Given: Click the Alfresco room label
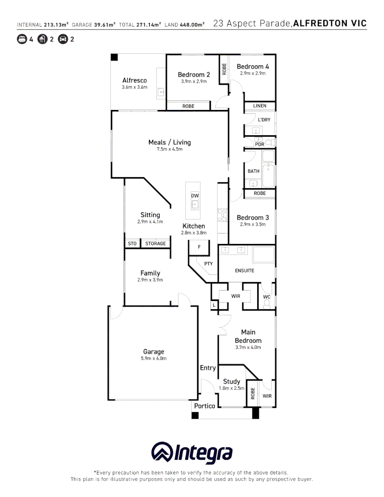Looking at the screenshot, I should click(134, 81).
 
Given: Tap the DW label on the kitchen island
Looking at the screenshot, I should click(195, 196).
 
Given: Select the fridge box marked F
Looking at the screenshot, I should click(199, 247).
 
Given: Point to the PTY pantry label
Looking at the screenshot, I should click(208, 264).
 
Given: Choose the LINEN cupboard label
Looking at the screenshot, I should click(259, 106).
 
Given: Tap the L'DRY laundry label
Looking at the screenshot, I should click(264, 120).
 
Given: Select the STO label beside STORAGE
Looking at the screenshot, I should click(132, 243).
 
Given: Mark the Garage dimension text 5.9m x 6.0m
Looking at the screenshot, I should click(154, 358).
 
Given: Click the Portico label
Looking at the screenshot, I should click(204, 406).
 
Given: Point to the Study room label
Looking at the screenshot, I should click(231, 381).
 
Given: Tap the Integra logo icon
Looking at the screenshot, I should click(162, 453).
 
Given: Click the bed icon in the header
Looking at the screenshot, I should click(22, 39).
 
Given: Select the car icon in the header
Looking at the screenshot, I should click(63, 39).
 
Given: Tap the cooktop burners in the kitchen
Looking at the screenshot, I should click(222, 215).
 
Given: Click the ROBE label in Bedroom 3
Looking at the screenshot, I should click(259, 194).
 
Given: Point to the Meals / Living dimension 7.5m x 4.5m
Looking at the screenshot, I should click(169, 149).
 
